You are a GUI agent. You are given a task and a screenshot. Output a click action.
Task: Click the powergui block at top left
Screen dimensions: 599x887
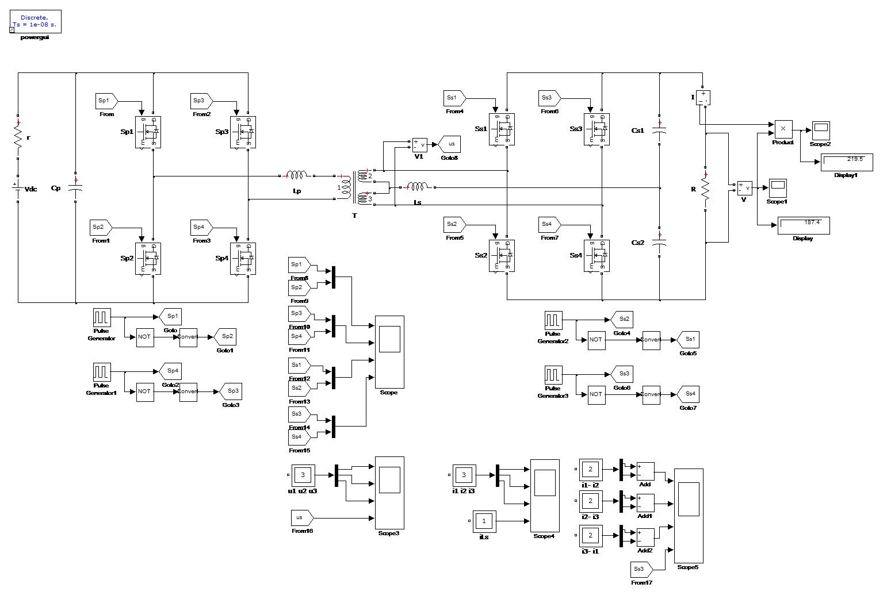click(36, 21)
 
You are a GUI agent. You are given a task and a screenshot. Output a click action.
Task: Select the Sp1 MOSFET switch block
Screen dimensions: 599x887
click(148, 132)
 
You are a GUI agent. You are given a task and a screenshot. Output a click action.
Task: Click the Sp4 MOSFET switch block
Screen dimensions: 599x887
click(243, 259)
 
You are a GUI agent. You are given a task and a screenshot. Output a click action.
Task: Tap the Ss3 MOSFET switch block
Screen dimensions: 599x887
click(597, 129)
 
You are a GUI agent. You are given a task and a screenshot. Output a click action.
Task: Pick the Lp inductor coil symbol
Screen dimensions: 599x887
click(297, 175)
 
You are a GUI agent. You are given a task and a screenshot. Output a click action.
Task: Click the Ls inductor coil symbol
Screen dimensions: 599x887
click(417, 187)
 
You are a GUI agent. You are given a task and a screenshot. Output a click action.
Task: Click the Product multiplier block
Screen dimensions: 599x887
click(783, 129)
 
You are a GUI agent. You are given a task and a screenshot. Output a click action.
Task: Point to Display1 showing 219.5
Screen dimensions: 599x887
click(847, 162)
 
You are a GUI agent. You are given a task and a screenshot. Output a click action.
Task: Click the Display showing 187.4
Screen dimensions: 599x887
click(804, 225)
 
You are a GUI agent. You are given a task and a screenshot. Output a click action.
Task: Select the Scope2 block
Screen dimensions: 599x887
click(820, 130)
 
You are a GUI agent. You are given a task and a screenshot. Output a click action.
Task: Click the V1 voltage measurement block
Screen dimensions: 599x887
click(420, 145)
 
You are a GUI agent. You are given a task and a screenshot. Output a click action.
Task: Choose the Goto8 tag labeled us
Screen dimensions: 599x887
click(450, 144)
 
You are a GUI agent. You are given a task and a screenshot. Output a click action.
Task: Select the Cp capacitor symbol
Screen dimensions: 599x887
click(76, 187)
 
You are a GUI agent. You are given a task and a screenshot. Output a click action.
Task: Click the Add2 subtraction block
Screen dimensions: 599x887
click(645, 537)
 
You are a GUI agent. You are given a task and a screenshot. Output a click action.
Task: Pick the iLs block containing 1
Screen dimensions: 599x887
click(484, 521)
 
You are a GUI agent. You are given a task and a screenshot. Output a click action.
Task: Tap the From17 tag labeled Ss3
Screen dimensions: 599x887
click(641, 570)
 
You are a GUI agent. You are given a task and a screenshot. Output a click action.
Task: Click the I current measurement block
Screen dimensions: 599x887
click(703, 97)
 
